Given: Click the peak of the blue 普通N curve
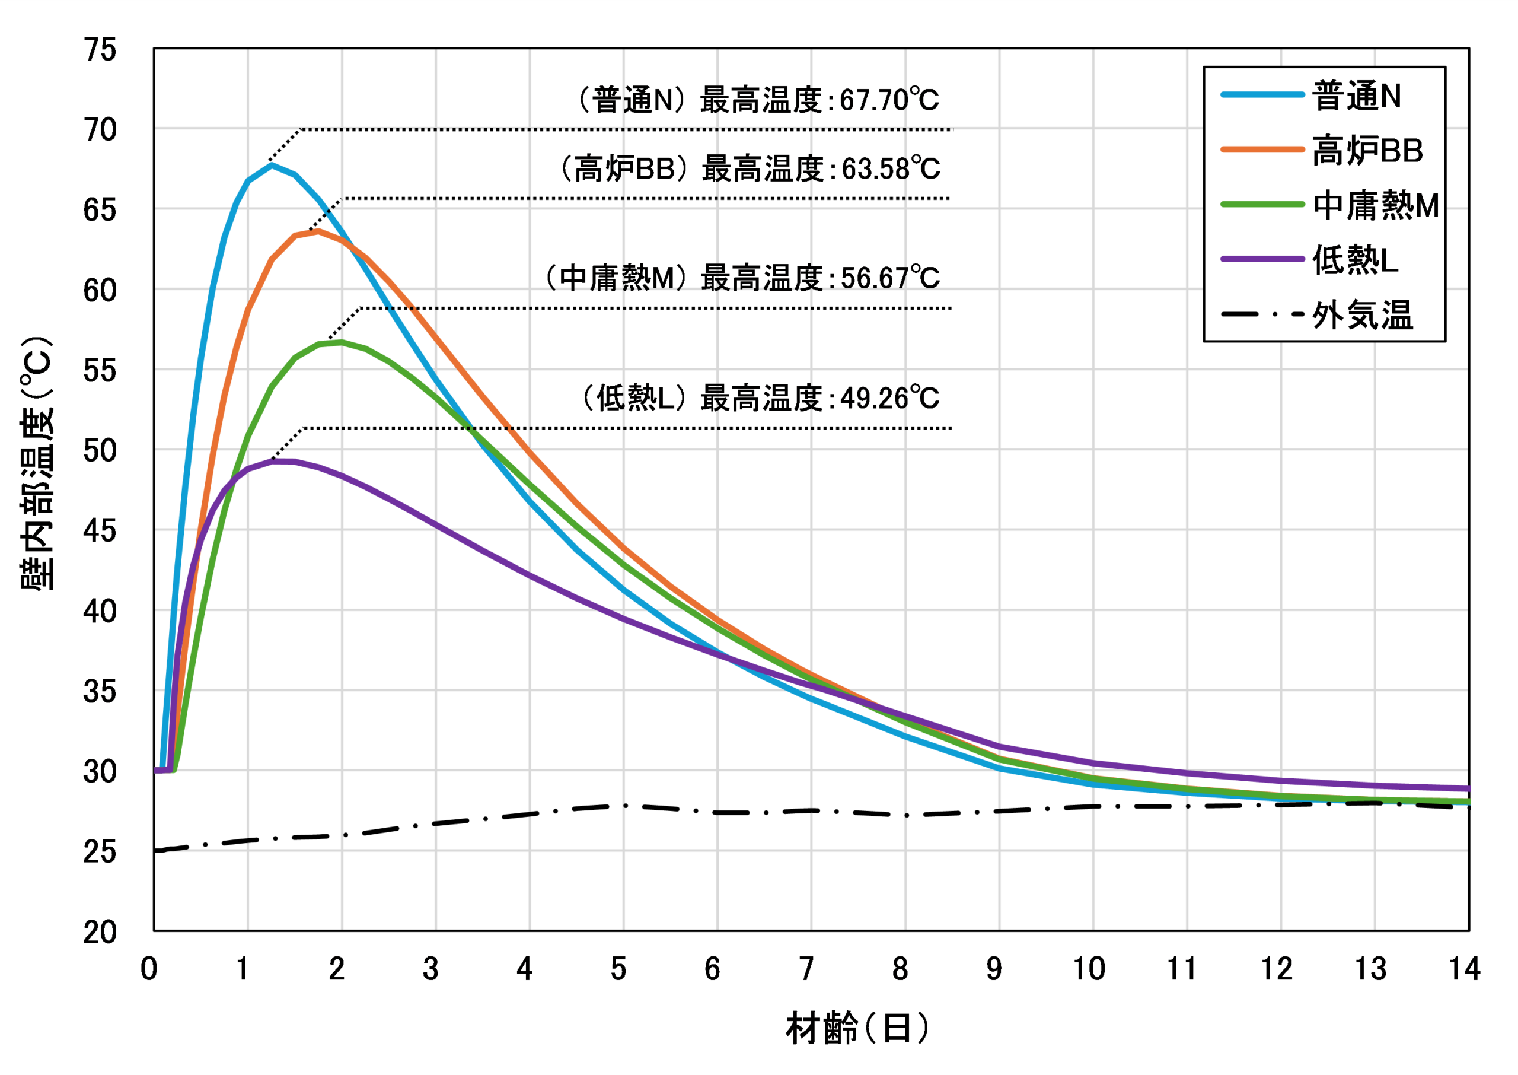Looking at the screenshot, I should tap(272, 165).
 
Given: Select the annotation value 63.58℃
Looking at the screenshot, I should tap(890, 170).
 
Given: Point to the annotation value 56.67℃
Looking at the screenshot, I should tap(889, 279).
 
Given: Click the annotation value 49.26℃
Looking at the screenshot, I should tap(889, 399).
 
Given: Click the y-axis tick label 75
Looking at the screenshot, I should tap(100, 50).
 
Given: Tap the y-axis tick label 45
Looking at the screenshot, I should tap(100, 531).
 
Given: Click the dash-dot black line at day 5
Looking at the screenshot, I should tap(624, 806).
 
